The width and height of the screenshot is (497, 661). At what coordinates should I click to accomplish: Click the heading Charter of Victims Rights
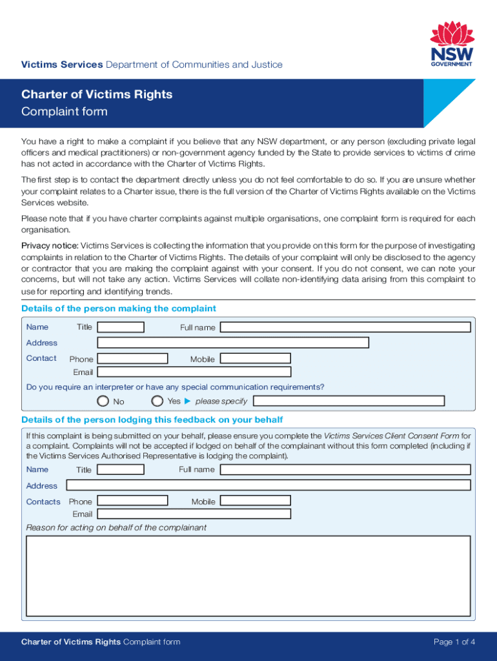tap(97, 94)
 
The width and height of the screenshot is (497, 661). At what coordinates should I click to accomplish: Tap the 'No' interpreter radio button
tap(103, 401)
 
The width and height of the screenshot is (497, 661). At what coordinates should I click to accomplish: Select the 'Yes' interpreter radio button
tap(157, 401)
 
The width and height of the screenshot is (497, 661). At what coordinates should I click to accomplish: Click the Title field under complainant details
tap(120, 327)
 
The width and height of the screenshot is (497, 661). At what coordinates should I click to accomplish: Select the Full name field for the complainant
tap(345, 327)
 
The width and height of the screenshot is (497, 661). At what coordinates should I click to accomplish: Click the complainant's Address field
tap(232, 343)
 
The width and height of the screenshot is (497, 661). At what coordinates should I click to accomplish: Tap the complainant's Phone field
tap(132, 358)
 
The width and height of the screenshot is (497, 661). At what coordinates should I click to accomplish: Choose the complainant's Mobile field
tap(255, 358)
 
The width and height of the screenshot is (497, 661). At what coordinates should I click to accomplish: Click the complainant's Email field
tap(194, 372)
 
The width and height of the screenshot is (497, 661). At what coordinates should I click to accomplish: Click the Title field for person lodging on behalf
tap(120, 469)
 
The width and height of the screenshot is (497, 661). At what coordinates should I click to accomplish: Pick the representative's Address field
tap(269, 485)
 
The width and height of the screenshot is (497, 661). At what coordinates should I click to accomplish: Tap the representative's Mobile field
tap(255, 501)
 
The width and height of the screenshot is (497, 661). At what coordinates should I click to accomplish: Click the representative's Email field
tap(194, 514)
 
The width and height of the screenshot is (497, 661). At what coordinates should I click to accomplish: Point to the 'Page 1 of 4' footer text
tap(454, 642)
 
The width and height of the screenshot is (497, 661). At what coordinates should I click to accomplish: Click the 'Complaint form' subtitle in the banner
tap(65, 112)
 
